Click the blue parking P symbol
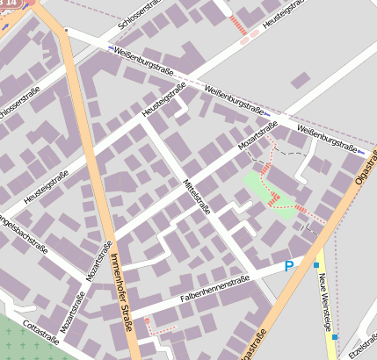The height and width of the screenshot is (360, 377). click(x=288, y=266)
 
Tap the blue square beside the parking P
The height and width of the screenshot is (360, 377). click(x=315, y=264)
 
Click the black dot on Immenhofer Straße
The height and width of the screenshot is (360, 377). click(x=66, y=31)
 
